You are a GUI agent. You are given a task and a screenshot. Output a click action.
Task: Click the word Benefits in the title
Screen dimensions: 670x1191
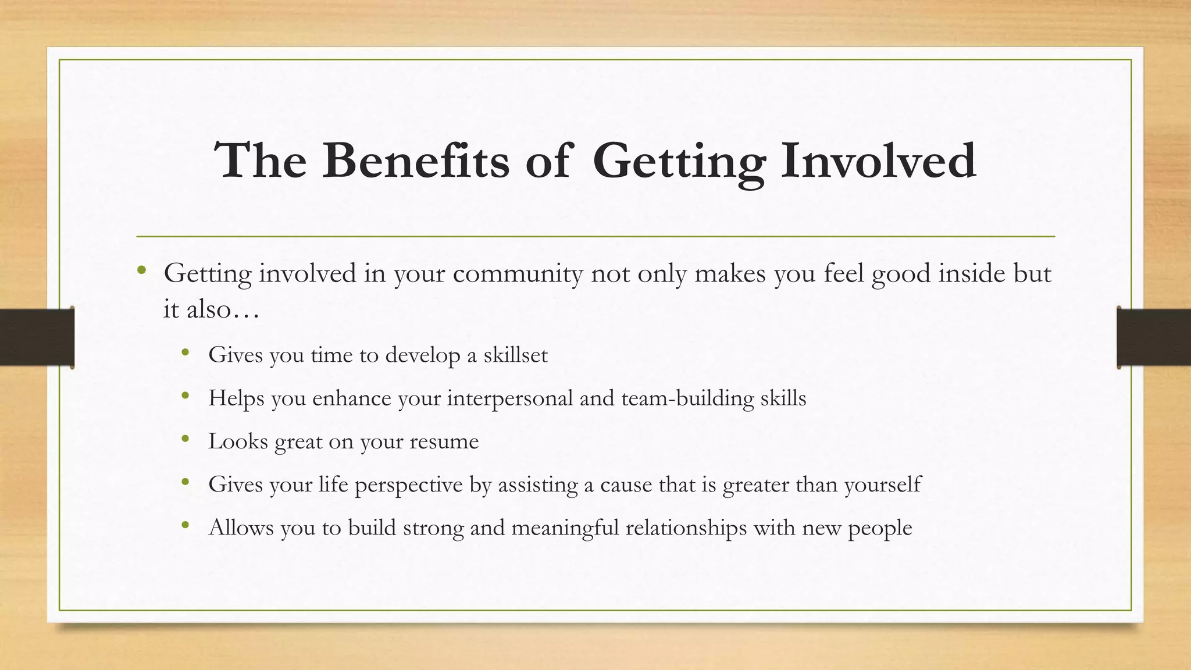click(415, 161)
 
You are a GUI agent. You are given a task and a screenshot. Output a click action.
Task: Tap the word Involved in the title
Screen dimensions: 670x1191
click(878, 161)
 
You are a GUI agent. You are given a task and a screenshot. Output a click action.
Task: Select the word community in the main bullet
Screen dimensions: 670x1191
click(518, 274)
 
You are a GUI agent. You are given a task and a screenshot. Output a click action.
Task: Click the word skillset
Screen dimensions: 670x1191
click(515, 355)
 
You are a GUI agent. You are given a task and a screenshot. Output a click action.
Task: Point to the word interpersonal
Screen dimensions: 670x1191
click(510, 398)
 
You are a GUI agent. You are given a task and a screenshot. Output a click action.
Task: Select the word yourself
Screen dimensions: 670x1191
click(882, 484)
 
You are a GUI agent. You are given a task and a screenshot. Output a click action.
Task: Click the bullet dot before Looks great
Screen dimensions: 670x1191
click(185, 439)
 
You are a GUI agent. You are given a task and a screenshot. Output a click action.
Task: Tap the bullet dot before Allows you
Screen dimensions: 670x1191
click(185, 525)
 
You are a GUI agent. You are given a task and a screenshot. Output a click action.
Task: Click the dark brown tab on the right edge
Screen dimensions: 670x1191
click(1154, 337)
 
